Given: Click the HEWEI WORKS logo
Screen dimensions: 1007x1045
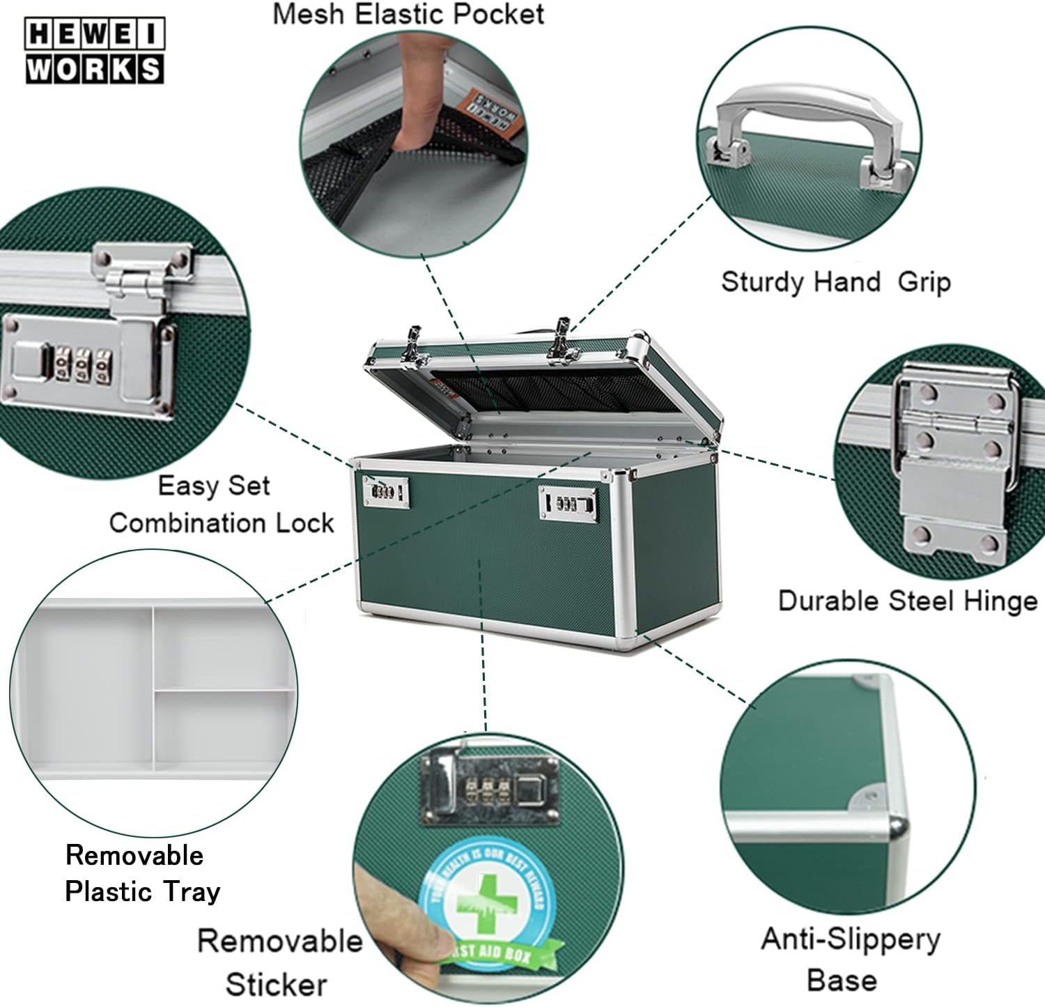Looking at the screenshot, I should point(95,52).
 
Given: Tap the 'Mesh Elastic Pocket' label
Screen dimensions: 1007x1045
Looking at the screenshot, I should point(408,14).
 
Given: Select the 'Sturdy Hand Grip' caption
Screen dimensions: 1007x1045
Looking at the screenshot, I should point(835,282).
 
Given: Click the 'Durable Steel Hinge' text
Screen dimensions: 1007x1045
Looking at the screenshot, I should point(907,601).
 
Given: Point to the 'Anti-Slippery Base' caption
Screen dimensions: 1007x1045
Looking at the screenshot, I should point(850,959).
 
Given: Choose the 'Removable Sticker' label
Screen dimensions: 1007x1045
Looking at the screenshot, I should point(279,962).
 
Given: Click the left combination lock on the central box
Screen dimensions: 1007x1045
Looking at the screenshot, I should point(385,492).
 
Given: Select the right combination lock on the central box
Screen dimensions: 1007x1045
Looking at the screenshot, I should point(568,503).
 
